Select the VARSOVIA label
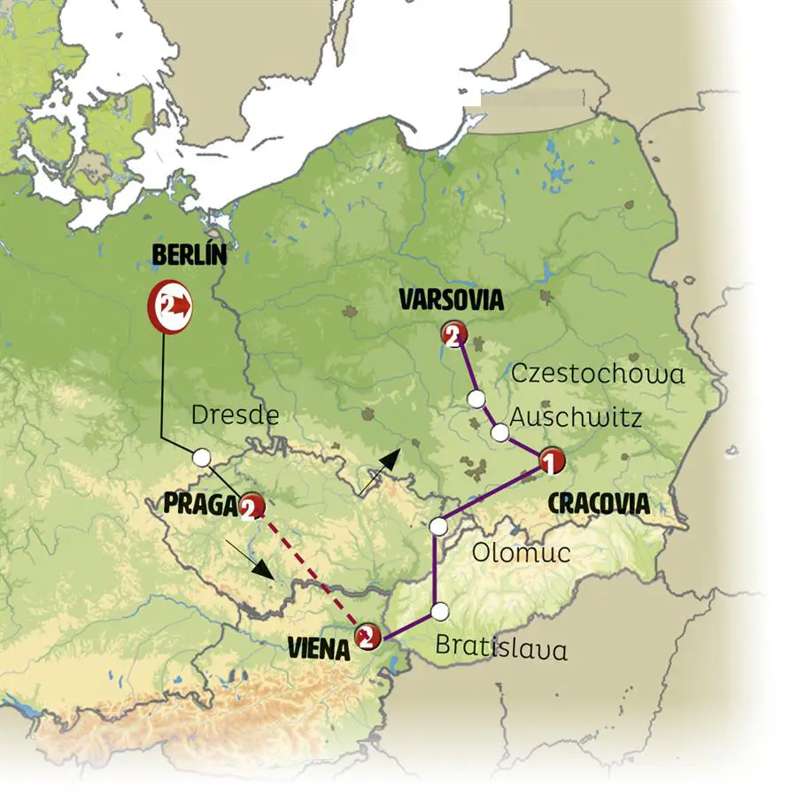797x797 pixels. pyautogui.click(x=451, y=300)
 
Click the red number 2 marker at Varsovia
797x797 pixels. pyautogui.click(x=453, y=335)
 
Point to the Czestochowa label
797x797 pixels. pyautogui.click(x=598, y=374)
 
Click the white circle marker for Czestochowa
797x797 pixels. pyautogui.click(x=477, y=398)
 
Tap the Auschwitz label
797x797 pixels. pyautogui.click(x=576, y=417)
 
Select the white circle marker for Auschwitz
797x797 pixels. pyautogui.click(x=500, y=433)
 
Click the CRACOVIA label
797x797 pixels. pyautogui.click(x=599, y=504)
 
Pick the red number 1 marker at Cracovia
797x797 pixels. pyautogui.click(x=548, y=460)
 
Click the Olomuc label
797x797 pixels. pyautogui.click(x=521, y=553)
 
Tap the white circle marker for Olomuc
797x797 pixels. pyautogui.click(x=437, y=527)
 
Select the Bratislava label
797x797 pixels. pyautogui.click(x=501, y=647)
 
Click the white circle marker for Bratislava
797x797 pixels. pyautogui.click(x=440, y=611)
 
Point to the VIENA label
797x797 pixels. pyautogui.click(x=320, y=648)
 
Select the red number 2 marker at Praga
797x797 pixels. pyautogui.click(x=251, y=506)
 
